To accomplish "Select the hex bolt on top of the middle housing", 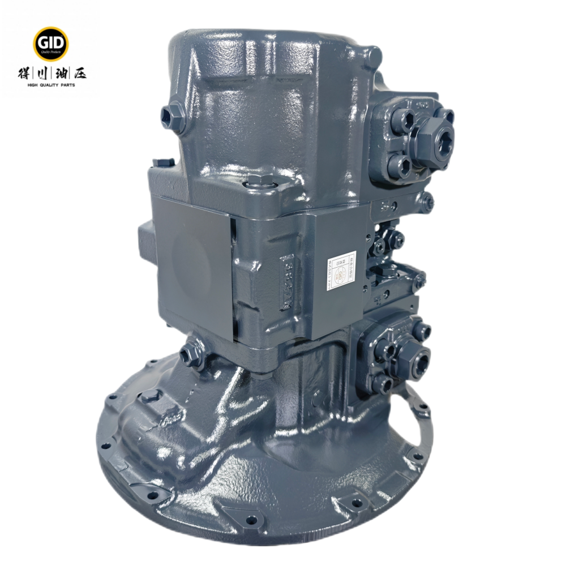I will (x=261, y=182).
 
